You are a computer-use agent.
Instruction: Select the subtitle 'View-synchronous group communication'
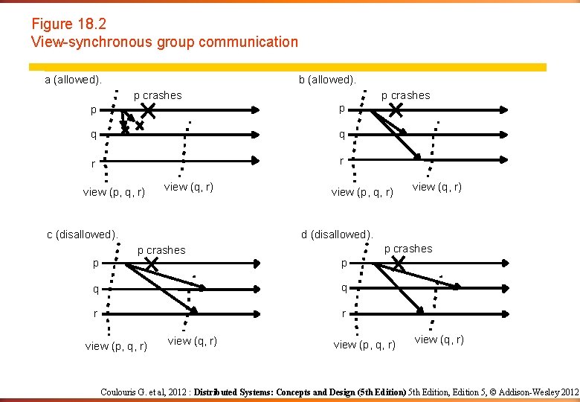click(x=164, y=42)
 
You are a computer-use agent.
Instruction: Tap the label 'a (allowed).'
click(x=74, y=80)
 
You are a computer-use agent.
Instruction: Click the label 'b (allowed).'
click(x=327, y=80)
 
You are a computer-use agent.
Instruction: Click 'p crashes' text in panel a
click(x=158, y=95)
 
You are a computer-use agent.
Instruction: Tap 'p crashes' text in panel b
click(x=405, y=95)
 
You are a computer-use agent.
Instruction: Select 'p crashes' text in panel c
click(x=161, y=250)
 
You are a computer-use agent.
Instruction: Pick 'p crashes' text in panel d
click(x=408, y=249)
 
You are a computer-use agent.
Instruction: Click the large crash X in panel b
click(x=396, y=111)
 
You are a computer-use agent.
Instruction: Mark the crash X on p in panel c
click(x=151, y=264)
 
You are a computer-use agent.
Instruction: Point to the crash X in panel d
click(x=398, y=264)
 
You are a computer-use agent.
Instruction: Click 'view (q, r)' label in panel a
click(x=189, y=187)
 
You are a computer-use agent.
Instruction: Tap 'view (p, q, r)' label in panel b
click(x=362, y=192)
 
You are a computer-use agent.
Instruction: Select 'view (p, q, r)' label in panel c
click(x=116, y=346)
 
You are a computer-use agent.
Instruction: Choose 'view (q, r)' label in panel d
click(x=439, y=339)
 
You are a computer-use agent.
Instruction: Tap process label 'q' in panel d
click(x=343, y=288)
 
